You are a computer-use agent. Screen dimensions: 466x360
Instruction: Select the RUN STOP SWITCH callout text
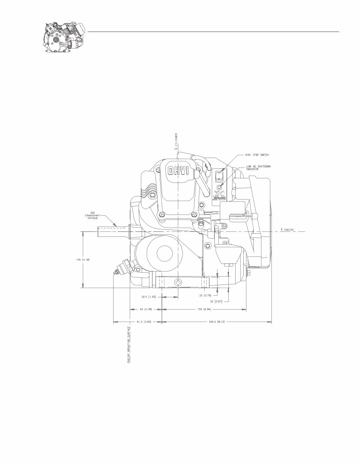pyautogui.click(x=257, y=155)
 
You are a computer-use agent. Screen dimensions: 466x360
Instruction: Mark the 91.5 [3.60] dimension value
pyautogui.click(x=143, y=321)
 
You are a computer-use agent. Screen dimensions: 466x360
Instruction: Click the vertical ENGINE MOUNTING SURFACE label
pyautogui.click(x=129, y=345)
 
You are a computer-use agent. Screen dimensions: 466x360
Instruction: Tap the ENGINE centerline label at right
pyautogui.click(x=288, y=230)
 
